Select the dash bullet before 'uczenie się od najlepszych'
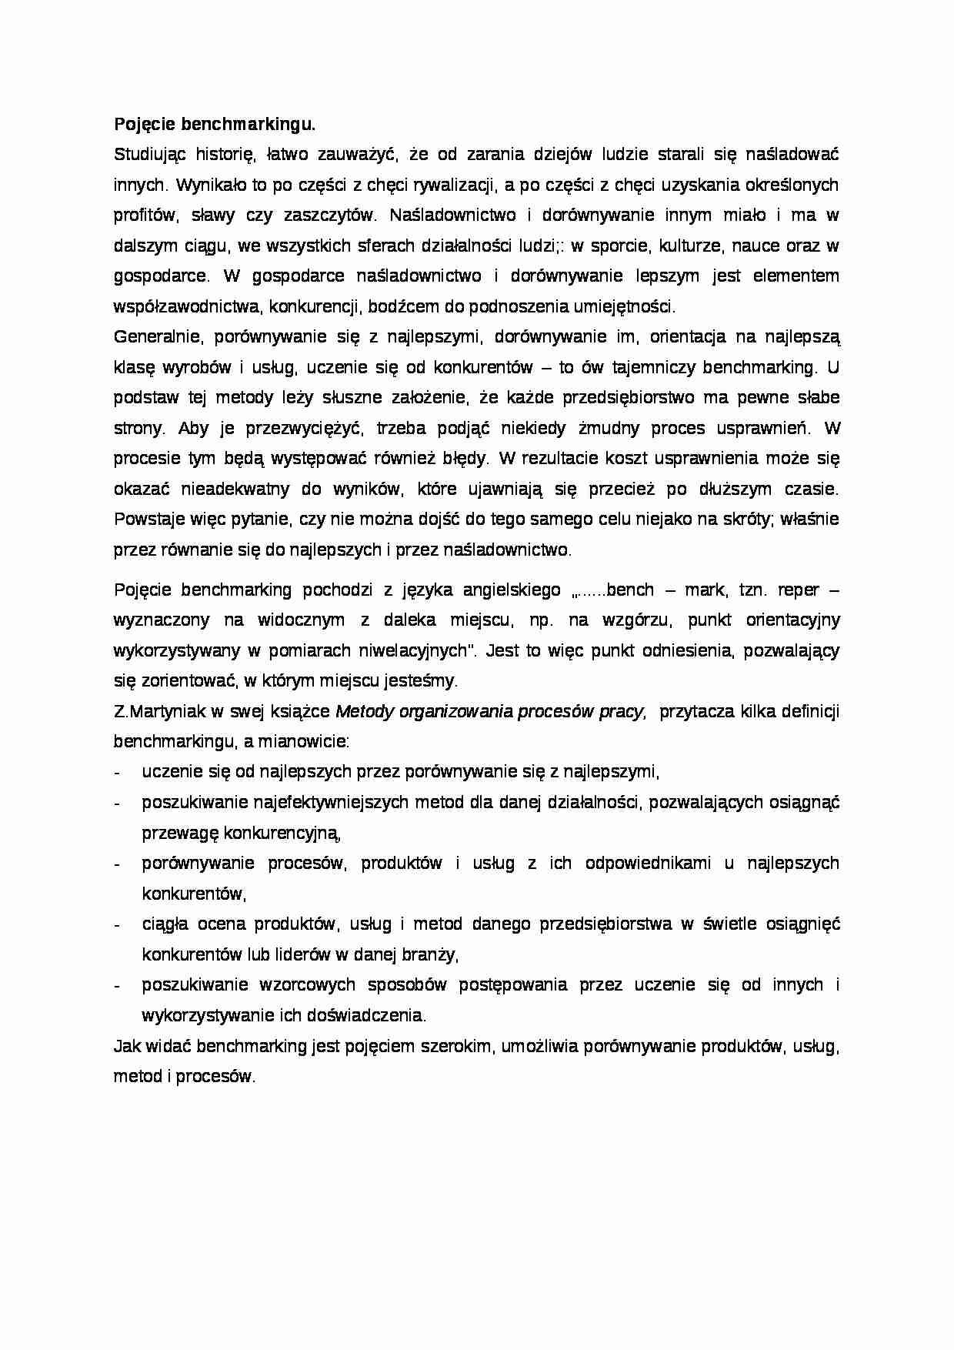click(117, 773)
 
